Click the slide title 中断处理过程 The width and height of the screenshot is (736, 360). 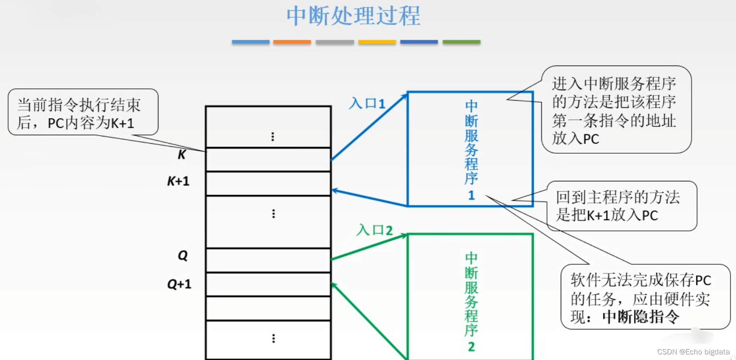pos(353,16)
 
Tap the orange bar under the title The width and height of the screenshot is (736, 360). pos(292,42)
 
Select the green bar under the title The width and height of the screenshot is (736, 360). pos(461,42)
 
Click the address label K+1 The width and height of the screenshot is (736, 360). pos(178,181)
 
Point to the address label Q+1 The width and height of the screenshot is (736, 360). pos(179,284)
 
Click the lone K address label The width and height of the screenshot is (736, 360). pos(182,155)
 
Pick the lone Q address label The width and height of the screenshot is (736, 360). pos(183,256)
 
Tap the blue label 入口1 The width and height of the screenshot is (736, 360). pos(367,104)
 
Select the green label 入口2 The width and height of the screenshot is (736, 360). pos(374,230)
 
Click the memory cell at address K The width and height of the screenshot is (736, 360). pos(268,160)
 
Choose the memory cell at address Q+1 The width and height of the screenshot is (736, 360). pos(268,284)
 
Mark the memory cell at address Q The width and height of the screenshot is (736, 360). pos(268,260)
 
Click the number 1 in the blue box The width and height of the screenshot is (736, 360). pos(471,196)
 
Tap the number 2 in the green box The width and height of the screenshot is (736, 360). pos(471,347)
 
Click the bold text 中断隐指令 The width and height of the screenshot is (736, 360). pos(641,317)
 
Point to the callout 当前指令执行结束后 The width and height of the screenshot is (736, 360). pos(83,113)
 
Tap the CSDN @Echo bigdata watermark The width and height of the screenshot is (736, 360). pos(693,352)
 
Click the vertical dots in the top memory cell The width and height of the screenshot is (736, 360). pos(273,137)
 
